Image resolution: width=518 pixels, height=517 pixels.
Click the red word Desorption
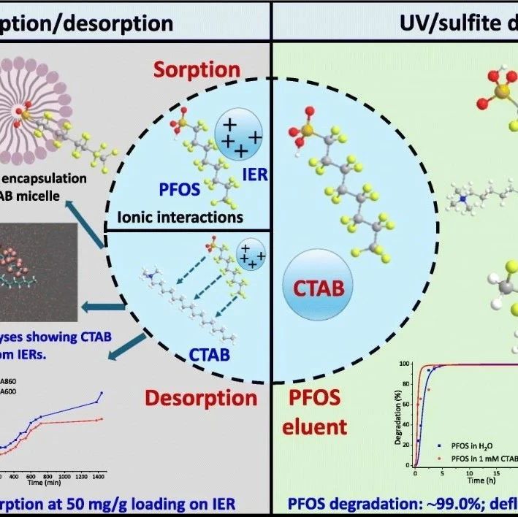tap(200, 398)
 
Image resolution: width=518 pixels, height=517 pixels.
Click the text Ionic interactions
tap(180, 217)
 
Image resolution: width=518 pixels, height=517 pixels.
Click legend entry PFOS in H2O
tap(476, 443)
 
